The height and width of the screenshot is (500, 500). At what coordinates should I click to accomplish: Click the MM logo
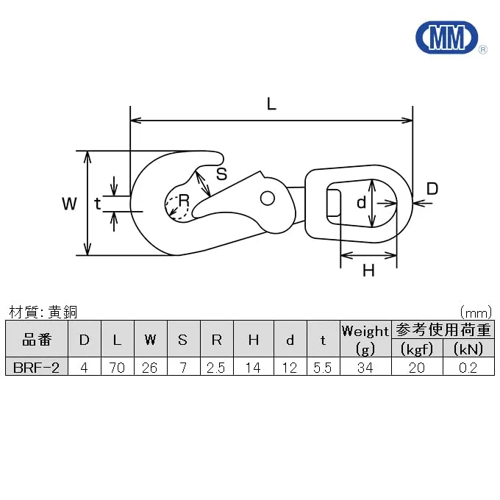[x=447, y=37]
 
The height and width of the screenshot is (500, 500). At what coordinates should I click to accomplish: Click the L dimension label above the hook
[x=271, y=104]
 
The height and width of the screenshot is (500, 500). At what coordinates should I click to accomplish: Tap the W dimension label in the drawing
[x=70, y=203]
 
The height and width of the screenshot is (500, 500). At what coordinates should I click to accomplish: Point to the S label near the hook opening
[x=221, y=174]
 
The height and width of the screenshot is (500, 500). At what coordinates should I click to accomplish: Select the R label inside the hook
[x=185, y=201]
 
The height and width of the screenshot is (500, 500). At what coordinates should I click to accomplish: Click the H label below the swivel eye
[x=368, y=271]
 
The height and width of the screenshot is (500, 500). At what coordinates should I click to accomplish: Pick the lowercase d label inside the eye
[x=361, y=202]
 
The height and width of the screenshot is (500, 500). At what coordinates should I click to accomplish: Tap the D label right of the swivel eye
[x=432, y=188]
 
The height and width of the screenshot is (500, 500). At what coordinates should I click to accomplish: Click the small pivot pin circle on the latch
[x=268, y=198]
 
